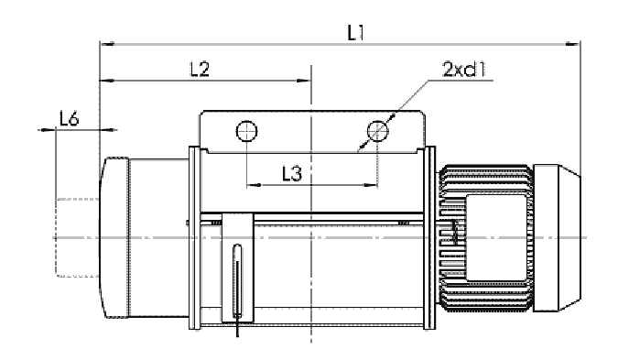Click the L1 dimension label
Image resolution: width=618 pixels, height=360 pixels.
pyautogui.click(x=355, y=32)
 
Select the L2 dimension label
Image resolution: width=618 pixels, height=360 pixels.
pyautogui.click(x=200, y=69)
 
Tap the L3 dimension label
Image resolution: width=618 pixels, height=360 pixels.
pyautogui.click(x=292, y=173)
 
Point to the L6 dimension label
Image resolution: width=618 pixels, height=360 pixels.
pyautogui.click(x=70, y=118)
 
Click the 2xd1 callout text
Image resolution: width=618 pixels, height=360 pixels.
pyautogui.click(x=464, y=70)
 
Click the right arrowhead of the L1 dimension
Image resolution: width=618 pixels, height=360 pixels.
pyautogui.click(x=572, y=43)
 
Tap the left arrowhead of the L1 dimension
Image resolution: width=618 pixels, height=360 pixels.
pyautogui.click(x=107, y=43)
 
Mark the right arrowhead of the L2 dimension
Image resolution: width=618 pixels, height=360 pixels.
pyautogui.click(x=303, y=81)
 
